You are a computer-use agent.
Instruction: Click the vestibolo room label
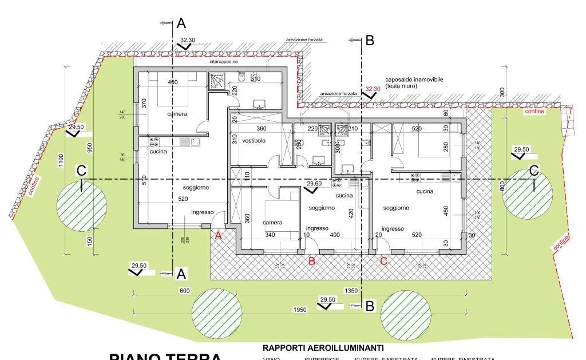[254, 141]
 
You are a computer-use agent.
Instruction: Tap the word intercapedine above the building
[224, 61]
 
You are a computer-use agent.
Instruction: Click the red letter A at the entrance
[217, 235]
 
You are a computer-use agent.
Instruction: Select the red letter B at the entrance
[312, 262]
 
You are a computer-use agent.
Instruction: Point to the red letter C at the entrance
[383, 262]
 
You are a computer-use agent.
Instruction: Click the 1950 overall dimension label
[299, 310]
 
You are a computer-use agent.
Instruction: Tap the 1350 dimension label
[351, 291]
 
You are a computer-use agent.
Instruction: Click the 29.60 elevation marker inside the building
[314, 184]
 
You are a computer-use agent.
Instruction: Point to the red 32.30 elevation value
[373, 89]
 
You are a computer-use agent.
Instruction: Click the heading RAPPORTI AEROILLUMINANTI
[323, 348]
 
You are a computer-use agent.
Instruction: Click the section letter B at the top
[369, 40]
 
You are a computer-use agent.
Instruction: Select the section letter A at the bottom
[181, 274]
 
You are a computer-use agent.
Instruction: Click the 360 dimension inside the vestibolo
[262, 129]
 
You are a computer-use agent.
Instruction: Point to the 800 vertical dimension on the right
[502, 185]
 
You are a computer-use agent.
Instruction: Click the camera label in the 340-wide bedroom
[272, 223]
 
